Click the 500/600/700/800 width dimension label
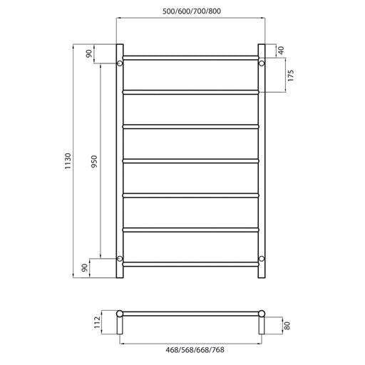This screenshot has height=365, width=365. pos(190,12)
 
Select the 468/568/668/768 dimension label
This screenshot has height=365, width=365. pos(190,350)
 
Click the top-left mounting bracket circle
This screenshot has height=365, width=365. pos(120,64)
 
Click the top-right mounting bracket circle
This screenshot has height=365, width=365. pos(262,64)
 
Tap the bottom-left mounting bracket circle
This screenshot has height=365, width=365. pos(120,257)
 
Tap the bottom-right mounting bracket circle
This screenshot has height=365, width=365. pos(262,257)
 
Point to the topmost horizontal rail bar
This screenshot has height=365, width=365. pos(190,57)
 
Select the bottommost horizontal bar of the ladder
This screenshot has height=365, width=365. pos(190,264)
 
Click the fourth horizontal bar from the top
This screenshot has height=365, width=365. pos(190,160)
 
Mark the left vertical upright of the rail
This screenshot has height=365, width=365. pos(120,160)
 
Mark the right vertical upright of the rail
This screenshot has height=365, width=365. pos(262,160)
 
